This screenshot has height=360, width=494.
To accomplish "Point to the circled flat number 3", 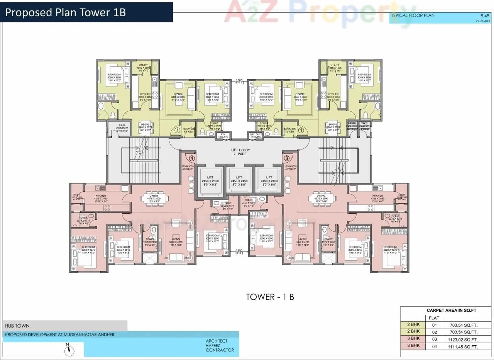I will pyautogui.click(x=286, y=158).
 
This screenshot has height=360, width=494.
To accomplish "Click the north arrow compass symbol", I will pyautogui.click(x=69, y=350).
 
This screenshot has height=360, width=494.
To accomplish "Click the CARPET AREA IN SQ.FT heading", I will pyautogui.click(x=451, y=310).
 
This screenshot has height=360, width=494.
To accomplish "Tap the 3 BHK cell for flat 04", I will pyautogui.click(x=413, y=345).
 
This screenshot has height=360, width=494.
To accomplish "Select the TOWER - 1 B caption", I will pyautogui.click(x=270, y=297).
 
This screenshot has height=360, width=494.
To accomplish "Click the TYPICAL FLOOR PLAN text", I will pyautogui.click(x=413, y=16).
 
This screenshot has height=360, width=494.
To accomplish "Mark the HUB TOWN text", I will pyautogui.click(x=17, y=326).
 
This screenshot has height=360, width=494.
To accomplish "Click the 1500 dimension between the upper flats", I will pyautogui.click(x=239, y=81).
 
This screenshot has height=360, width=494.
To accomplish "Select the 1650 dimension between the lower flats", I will pyautogui.click(x=239, y=251).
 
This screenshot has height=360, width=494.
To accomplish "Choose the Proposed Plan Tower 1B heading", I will pyautogui.click(x=66, y=12).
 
